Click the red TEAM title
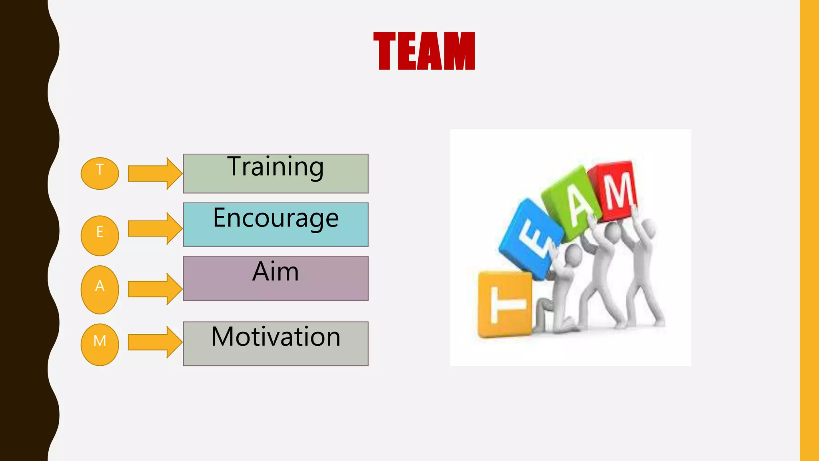point(424,51)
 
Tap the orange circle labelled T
point(100,173)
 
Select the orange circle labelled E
point(100,235)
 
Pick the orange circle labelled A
point(100,289)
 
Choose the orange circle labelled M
point(100,344)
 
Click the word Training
point(276,167)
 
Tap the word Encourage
point(276,219)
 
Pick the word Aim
point(276,272)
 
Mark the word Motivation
point(276,337)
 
